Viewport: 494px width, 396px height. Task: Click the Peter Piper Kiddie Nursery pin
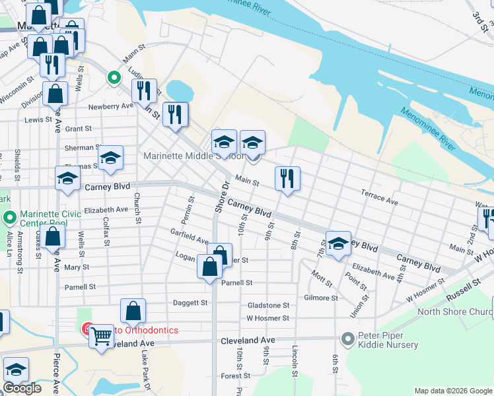[348, 339]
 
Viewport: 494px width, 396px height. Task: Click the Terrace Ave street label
[379, 196]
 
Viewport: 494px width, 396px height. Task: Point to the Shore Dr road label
[221, 196]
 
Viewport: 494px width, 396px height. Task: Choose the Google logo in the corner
[22, 388]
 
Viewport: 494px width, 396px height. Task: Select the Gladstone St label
[268, 306]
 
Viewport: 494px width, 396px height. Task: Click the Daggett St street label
[190, 303]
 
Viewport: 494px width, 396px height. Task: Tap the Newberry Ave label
[111, 106]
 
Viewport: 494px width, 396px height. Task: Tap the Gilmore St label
[321, 298]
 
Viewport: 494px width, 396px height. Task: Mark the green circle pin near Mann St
[114, 78]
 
